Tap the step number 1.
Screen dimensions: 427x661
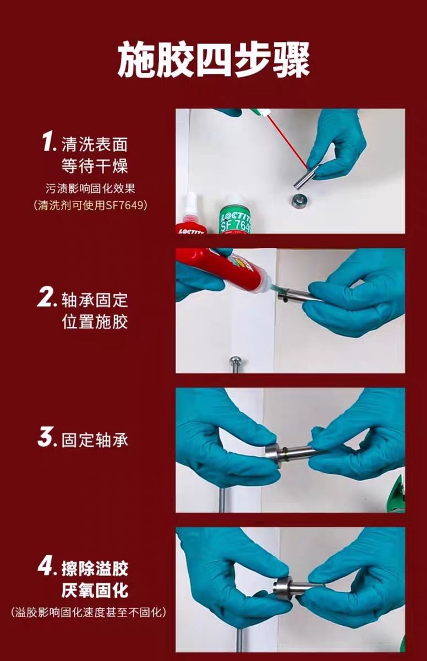[48, 142]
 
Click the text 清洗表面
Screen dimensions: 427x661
[95, 144]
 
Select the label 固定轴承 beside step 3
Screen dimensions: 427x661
[95, 440]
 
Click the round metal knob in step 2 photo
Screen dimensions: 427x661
[235, 360]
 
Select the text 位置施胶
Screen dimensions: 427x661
[95, 322]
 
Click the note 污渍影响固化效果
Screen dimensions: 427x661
[90, 189]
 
